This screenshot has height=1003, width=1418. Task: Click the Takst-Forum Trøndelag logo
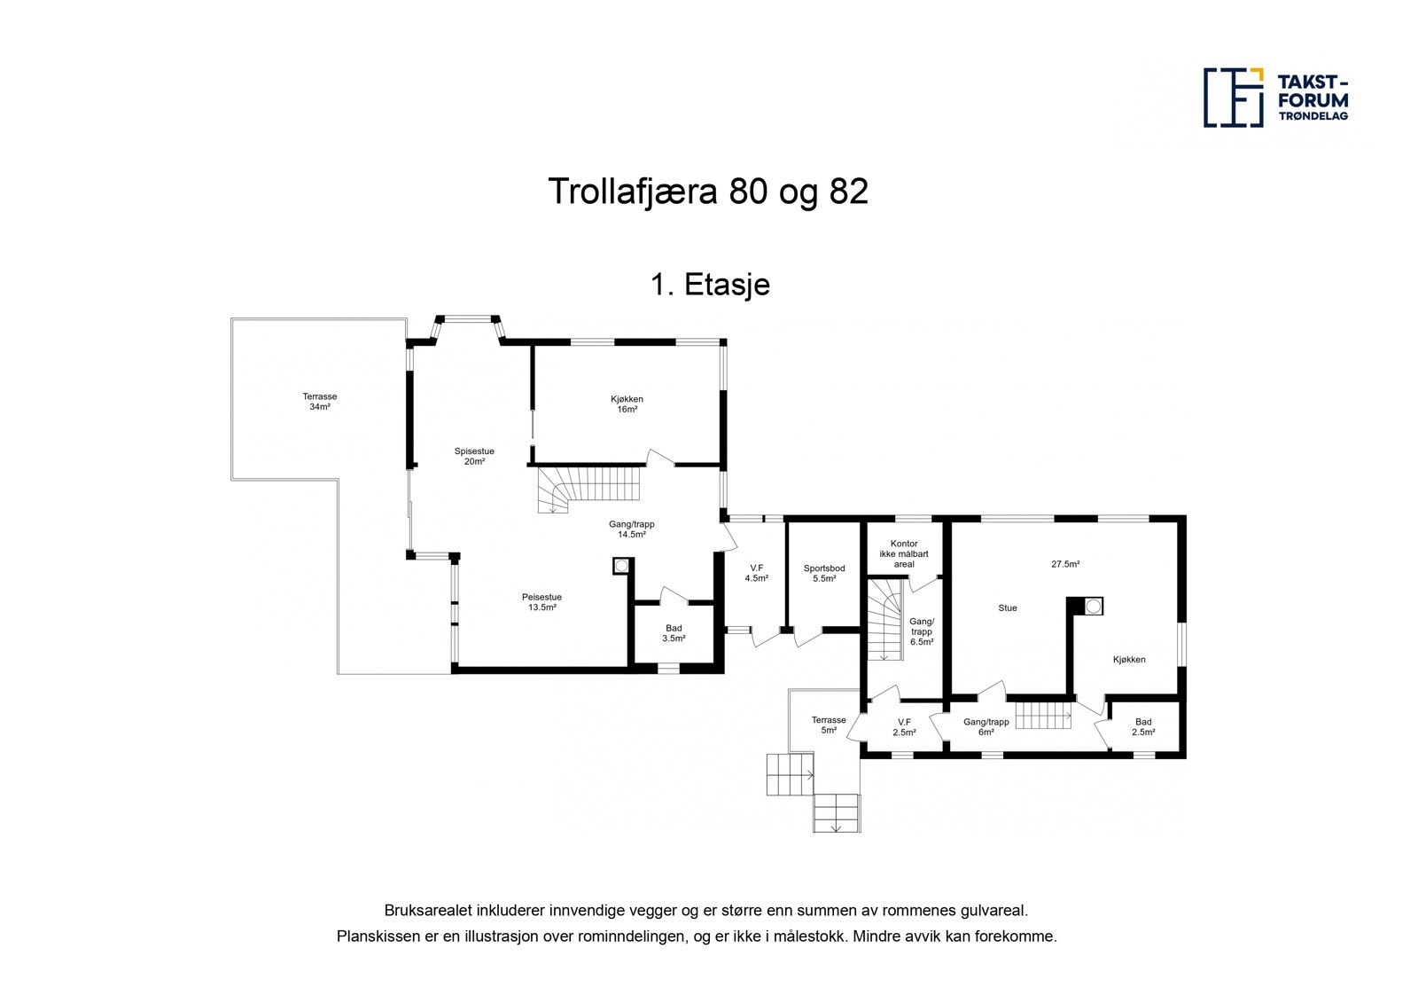1275,97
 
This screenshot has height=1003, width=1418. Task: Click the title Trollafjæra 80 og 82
708,192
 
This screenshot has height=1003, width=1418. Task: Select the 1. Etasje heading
709,285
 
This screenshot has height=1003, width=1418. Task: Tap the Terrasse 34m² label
320,402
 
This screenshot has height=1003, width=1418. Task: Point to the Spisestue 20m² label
474,456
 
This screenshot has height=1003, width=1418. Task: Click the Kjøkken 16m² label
627,404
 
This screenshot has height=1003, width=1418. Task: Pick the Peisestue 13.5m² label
541,602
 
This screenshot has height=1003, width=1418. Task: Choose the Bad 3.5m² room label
674,632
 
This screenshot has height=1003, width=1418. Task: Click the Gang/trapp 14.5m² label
631,529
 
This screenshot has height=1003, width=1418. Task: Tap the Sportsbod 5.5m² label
824,573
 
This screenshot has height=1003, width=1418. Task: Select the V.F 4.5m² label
756,573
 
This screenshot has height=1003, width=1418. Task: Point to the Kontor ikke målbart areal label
904,553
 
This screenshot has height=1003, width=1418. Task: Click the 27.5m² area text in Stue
1065,564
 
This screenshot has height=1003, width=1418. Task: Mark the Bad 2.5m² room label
1143,727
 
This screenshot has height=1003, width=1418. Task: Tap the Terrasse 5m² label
829,725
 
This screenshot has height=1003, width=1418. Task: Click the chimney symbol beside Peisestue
622,565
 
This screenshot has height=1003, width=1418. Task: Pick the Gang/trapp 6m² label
980,727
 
